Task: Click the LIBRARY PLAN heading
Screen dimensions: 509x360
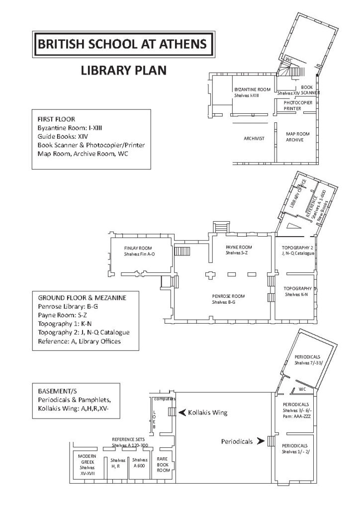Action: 124,71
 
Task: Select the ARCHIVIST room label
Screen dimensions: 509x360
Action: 253,138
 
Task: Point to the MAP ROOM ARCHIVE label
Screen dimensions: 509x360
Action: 298,137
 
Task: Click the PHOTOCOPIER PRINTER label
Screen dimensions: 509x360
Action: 298,105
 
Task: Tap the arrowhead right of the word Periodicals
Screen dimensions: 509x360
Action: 260,441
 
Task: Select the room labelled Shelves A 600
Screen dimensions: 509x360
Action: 140,463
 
